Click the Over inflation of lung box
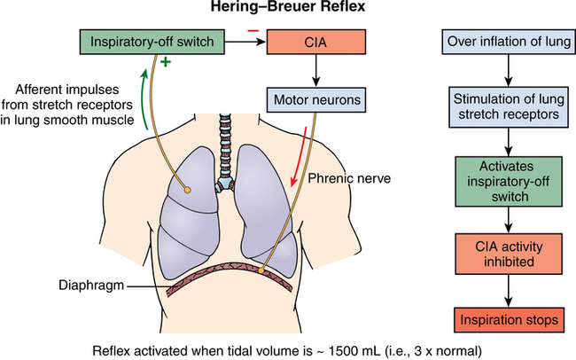(506, 42)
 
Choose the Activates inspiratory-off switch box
(506, 181)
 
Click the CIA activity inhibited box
(506, 252)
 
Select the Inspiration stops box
(506, 316)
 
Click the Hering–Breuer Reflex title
(287, 10)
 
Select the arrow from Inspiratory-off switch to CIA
(247, 42)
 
